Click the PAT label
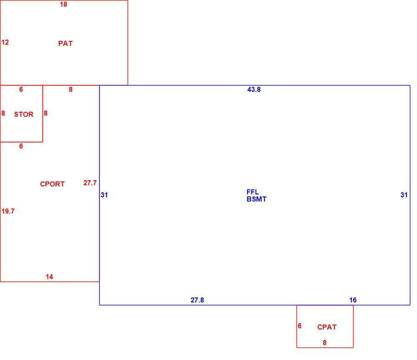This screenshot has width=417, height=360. tap(65, 43)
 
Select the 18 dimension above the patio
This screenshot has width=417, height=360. tap(63, 5)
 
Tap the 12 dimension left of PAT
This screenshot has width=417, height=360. tap(5, 42)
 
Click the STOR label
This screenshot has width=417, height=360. tap(24, 114)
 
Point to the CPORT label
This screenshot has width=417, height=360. tap(53, 184)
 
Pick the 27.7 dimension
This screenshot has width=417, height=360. tap(90, 183)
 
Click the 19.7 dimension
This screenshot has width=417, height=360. tap(8, 211)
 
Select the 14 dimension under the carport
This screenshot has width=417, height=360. tap(49, 277)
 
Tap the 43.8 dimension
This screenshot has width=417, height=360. tap(254, 89)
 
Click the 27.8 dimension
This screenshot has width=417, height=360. tap(197, 300)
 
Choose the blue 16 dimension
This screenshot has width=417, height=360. tap(353, 300)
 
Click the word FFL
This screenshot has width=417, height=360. tap(253, 192)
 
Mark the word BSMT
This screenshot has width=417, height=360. tap(256, 199)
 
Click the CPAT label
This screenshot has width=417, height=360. tap(327, 327)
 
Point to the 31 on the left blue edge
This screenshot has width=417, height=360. tap(104, 195)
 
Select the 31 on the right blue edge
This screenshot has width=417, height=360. tap(404, 195)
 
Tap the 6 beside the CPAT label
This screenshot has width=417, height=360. tap(300, 326)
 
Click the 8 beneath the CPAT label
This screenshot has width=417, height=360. tap(324, 343)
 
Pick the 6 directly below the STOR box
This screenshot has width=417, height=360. tap(21, 146)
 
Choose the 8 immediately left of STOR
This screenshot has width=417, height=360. tap(3, 113)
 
